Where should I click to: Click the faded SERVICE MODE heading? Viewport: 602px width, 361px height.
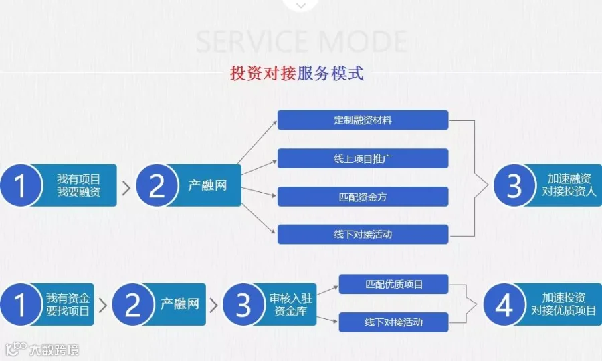click(301, 41)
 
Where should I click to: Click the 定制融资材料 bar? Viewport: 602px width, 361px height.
click(363, 120)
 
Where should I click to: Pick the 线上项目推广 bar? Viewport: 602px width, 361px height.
click(363, 158)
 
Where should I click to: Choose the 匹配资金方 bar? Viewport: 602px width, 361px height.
click(363, 197)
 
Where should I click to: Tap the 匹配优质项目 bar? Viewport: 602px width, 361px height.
click(393, 284)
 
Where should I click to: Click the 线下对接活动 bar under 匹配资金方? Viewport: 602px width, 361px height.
click(363, 234)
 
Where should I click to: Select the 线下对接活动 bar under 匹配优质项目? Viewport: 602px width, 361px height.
click(393, 322)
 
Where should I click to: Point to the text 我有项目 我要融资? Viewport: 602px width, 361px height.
click(78, 185)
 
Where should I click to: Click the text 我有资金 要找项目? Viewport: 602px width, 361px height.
click(68, 304)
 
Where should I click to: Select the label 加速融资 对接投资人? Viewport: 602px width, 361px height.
click(568, 185)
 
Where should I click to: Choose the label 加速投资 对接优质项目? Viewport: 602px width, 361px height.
click(563, 304)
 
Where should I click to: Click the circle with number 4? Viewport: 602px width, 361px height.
click(504, 305)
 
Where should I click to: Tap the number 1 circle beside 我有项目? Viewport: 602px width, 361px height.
click(21, 186)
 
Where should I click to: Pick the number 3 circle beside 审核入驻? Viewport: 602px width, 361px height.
click(243, 305)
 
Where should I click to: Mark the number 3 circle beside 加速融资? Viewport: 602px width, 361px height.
click(514, 186)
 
